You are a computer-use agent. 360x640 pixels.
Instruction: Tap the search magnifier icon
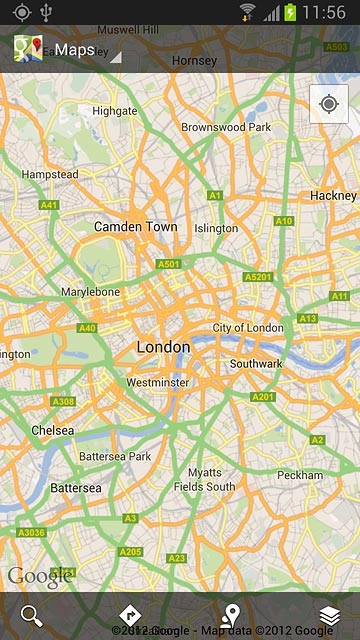(x=32, y=615)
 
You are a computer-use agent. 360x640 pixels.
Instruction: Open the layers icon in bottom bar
(x=329, y=615)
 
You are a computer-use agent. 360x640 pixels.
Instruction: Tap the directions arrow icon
(x=129, y=615)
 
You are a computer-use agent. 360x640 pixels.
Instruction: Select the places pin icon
(x=230, y=615)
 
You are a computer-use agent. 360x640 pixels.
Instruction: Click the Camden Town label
(x=135, y=227)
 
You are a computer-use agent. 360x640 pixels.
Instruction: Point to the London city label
(x=163, y=347)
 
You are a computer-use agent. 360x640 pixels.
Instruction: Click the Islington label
(x=216, y=228)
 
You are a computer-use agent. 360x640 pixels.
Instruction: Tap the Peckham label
(x=300, y=475)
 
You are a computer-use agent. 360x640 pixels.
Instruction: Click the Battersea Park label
(x=114, y=456)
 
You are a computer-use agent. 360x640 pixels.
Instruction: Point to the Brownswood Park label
(x=226, y=128)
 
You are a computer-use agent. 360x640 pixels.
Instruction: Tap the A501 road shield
(x=168, y=264)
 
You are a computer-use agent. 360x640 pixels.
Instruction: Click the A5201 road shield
(x=258, y=277)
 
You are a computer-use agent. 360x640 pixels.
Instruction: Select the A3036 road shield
(x=31, y=534)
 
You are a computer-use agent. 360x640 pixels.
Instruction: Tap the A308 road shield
(x=63, y=401)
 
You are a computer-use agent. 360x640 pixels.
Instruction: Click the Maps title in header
(x=74, y=49)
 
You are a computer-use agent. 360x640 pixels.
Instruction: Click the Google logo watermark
(x=40, y=576)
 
